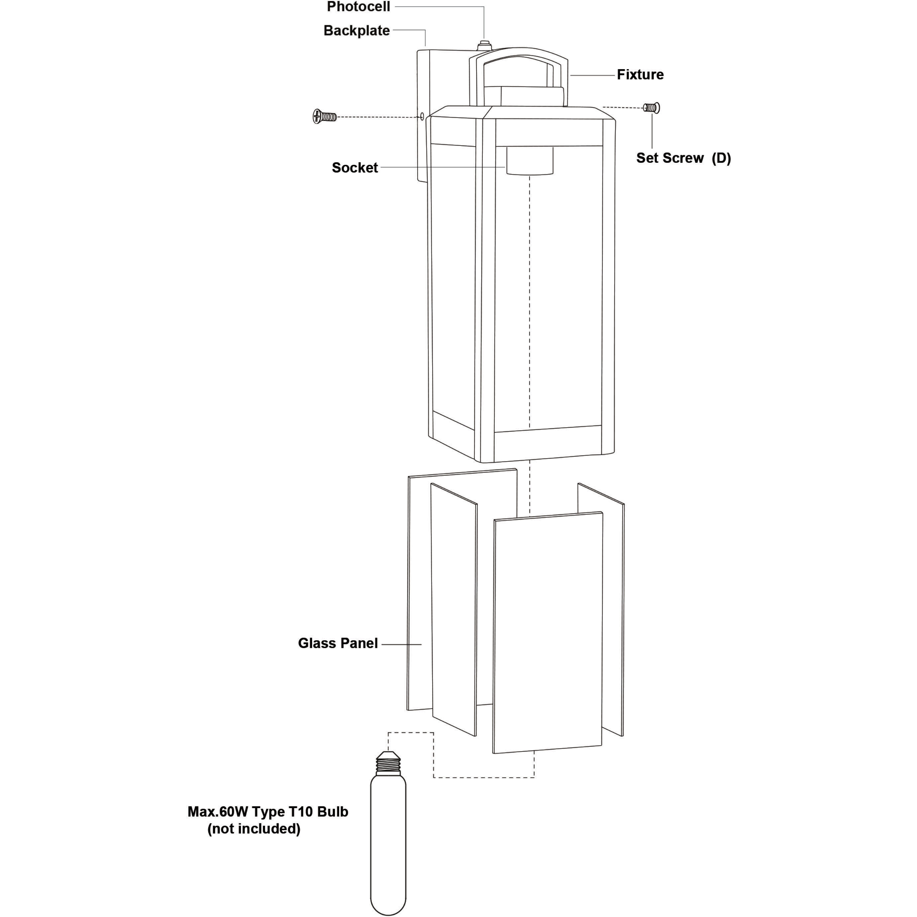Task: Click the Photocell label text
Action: (x=358, y=7)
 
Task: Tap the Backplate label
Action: (x=357, y=30)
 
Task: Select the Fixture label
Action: (x=640, y=74)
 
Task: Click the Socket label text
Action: (x=355, y=167)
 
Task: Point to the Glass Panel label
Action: (x=338, y=643)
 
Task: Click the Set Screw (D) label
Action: (x=683, y=158)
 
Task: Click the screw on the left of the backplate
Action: (x=325, y=116)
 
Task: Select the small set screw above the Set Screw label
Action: (x=651, y=108)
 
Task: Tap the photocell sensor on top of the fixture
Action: (x=484, y=45)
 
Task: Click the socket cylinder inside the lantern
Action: (x=530, y=160)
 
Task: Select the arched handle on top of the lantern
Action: (x=518, y=76)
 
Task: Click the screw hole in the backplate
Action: (x=422, y=116)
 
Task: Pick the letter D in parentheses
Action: (x=721, y=158)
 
